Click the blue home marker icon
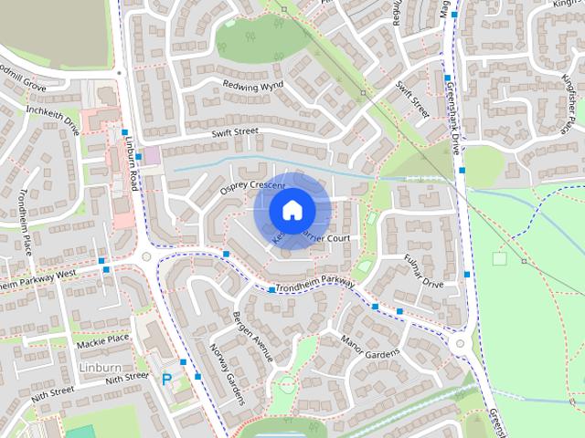291,210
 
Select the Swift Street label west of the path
235,133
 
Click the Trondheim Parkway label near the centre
316,284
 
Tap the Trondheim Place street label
24,219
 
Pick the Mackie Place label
103,339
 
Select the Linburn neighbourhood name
100,367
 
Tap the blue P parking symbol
166,379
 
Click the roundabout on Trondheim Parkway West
145,257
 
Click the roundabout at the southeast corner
459,344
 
